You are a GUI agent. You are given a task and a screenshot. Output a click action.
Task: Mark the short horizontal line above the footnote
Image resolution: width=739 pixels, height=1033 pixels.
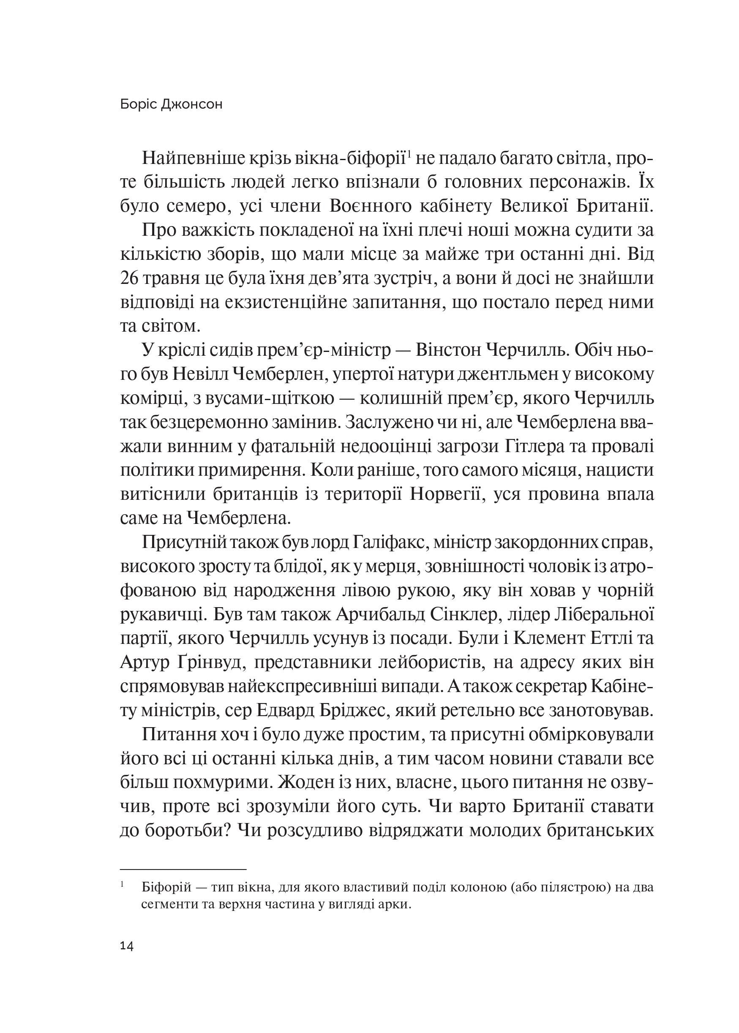(x=183, y=869)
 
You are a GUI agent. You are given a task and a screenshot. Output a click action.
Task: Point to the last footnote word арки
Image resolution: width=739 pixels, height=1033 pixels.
(x=394, y=904)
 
